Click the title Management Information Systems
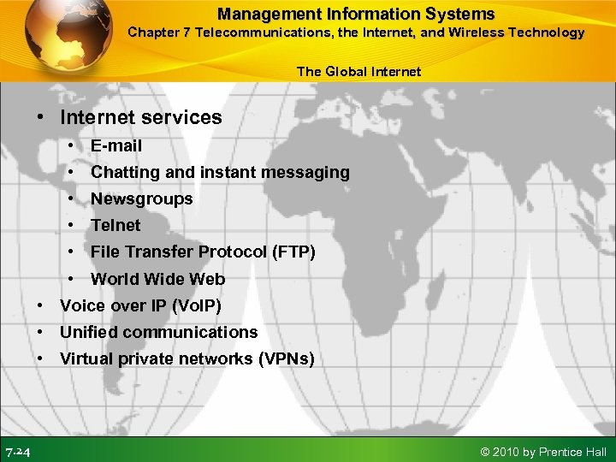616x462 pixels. (x=356, y=14)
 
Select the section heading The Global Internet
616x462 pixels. (x=358, y=71)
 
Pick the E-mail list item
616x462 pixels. (x=116, y=145)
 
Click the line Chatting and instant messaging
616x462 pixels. (x=220, y=172)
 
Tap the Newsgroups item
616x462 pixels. (x=142, y=198)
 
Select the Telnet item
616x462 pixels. (x=115, y=225)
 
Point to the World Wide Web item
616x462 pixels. (x=158, y=278)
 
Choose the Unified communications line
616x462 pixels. (x=158, y=332)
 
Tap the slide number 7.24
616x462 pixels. (x=18, y=452)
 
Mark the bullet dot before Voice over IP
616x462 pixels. (x=41, y=305)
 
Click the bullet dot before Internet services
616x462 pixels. (x=41, y=118)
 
